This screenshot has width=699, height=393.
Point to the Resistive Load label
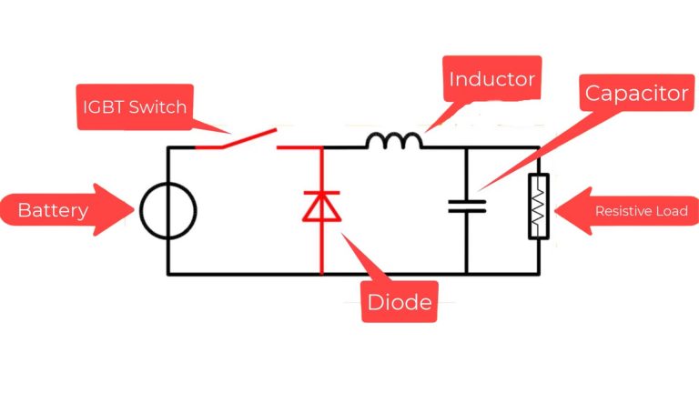coord(640,211)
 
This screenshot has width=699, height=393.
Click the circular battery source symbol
coord(168,211)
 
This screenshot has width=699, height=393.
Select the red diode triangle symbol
coord(321,207)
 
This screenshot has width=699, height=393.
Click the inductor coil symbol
coord(393,140)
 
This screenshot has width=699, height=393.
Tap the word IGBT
coord(101,107)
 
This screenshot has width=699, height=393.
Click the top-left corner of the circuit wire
coord(168,147)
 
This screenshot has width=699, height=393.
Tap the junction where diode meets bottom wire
coord(321,273)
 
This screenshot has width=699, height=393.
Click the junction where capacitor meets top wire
coord(467,147)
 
